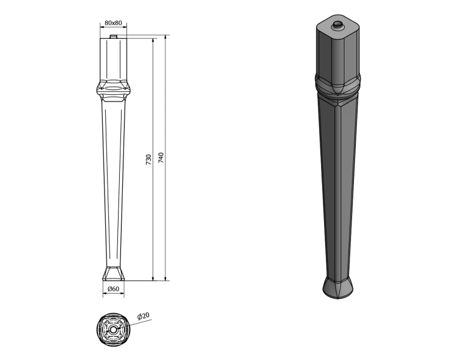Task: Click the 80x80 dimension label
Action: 113,22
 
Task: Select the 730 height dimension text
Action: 148,160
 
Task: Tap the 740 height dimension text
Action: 161,157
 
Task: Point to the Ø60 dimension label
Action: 113,289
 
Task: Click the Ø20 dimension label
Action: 143,316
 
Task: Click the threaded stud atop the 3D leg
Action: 338,25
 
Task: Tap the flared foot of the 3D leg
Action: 338,287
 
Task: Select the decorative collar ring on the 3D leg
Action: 338,85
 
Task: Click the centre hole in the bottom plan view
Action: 113,330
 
